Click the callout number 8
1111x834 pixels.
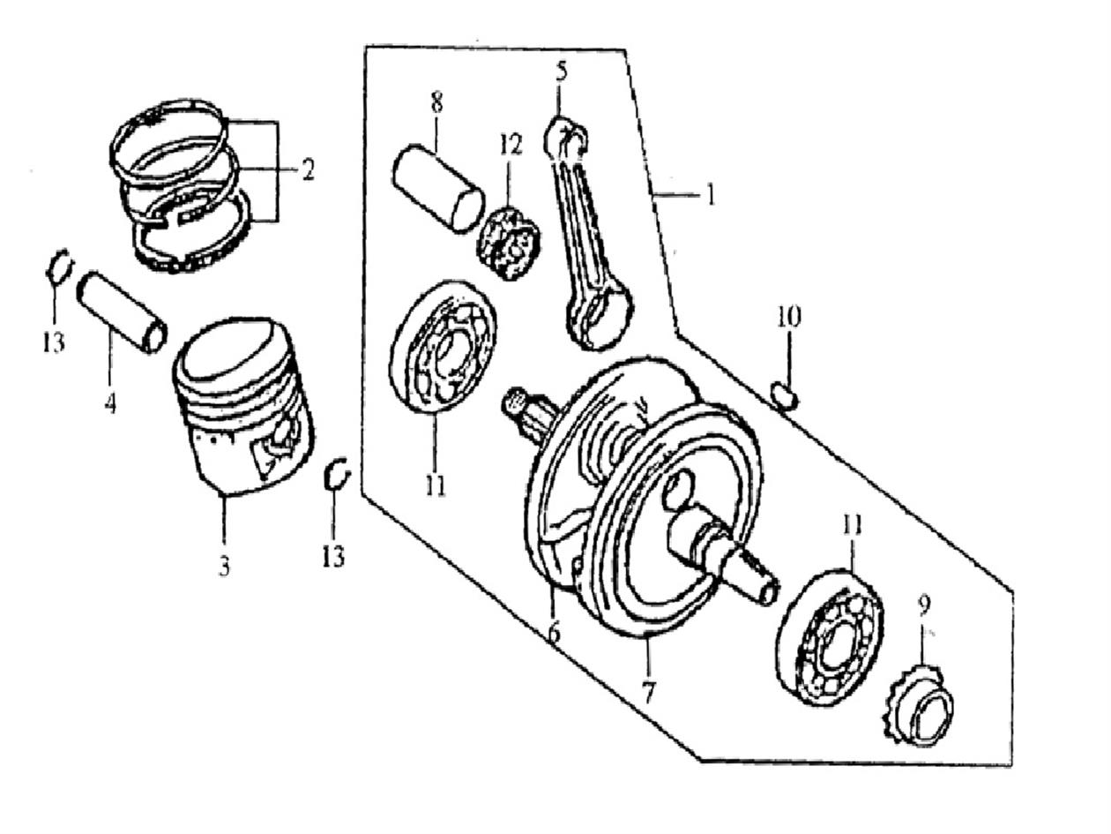pyautogui.click(x=436, y=102)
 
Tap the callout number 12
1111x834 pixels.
pyautogui.click(x=511, y=144)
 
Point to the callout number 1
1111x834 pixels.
pyautogui.click(x=710, y=193)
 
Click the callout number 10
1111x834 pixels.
pyautogui.click(x=788, y=316)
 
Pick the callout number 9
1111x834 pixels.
pyautogui.click(x=923, y=605)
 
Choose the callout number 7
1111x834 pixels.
pyautogui.click(x=649, y=691)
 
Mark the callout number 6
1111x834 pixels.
pyautogui.click(x=553, y=632)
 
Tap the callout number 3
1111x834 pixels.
pyautogui.click(x=224, y=566)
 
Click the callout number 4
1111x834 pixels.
pyautogui.click(x=110, y=404)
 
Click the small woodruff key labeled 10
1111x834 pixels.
pyautogui.click(x=784, y=395)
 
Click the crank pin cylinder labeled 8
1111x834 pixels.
pyautogui.click(x=438, y=188)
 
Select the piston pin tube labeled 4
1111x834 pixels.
pyautogui.click(x=122, y=312)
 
